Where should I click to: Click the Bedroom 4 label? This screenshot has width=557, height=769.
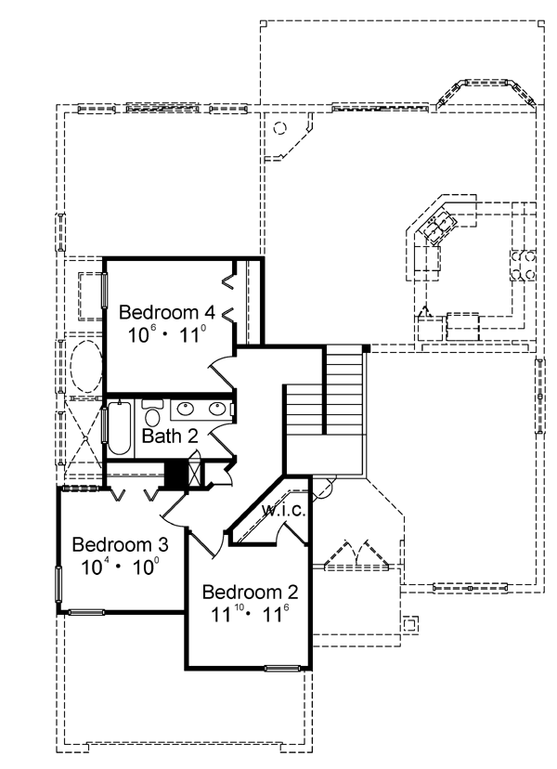[167, 312]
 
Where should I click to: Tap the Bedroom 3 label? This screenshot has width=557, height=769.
[120, 544]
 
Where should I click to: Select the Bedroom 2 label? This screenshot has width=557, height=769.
[250, 592]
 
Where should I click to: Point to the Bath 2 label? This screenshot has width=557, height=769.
[170, 436]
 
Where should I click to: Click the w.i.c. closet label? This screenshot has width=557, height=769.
[284, 510]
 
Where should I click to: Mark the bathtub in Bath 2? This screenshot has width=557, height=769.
[119, 428]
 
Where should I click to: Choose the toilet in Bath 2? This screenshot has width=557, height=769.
[152, 414]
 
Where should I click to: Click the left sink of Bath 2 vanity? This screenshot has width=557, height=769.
[186, 408]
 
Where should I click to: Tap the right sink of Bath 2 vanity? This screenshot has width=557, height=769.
[216, 408]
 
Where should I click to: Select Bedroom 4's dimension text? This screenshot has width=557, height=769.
[167, 335]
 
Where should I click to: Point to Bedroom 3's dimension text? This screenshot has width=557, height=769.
[120, 567]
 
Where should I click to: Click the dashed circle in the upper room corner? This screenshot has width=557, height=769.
[279, 128]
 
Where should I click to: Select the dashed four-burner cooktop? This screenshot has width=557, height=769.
[524, 266]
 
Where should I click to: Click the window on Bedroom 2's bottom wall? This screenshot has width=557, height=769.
[282, 668]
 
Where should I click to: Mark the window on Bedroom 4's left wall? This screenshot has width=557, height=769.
[104, 290]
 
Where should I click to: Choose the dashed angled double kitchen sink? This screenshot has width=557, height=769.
[440, 225]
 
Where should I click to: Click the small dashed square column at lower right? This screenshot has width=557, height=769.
[410, 624]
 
